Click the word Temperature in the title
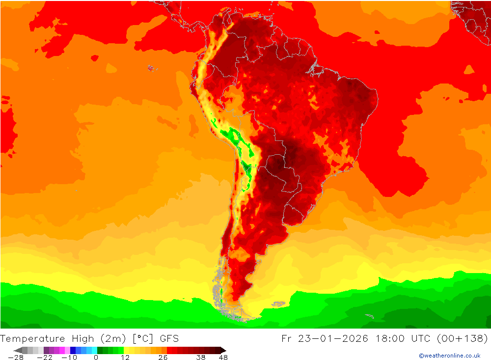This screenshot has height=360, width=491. tap(33, 338)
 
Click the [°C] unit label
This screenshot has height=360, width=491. tap(142, 338)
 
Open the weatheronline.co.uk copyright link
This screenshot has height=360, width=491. tap(449, 356)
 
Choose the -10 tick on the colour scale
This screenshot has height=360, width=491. tap(69, 357)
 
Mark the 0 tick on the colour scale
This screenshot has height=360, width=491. tap(96, 357)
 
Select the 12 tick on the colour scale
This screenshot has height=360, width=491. tap(125, 357)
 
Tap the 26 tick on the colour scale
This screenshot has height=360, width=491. tap(163, 357)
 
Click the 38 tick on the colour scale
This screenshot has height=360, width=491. tap(200, 357)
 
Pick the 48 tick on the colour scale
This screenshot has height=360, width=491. tap(223, 357)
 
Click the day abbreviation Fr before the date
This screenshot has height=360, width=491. tap(287, 338)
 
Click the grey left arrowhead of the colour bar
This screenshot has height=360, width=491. tap(18, 350)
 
